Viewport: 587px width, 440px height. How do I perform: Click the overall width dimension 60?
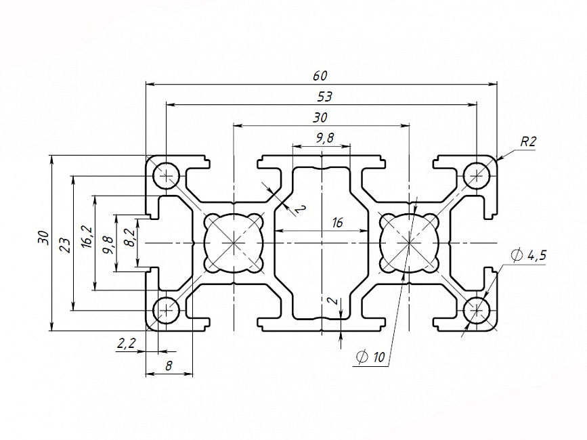pos(320,76)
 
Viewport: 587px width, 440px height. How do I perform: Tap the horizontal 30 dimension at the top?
pos(320,117)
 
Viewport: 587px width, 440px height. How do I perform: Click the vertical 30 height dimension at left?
pos(43,238)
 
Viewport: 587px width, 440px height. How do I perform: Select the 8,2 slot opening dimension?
pos(129,238)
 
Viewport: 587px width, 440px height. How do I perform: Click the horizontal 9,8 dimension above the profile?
pos(325,138)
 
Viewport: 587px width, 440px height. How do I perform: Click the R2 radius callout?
pos(528,141)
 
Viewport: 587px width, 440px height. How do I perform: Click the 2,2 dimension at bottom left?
pos(127,344)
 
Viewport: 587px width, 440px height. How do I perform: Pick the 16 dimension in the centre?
pos(338,223)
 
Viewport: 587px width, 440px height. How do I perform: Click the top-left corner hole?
pos(165,176)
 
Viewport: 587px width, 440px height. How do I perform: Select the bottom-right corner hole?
pos(477,310)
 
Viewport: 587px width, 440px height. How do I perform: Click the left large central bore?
pos(234,242)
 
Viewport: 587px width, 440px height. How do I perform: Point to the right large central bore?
pos(410,242)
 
